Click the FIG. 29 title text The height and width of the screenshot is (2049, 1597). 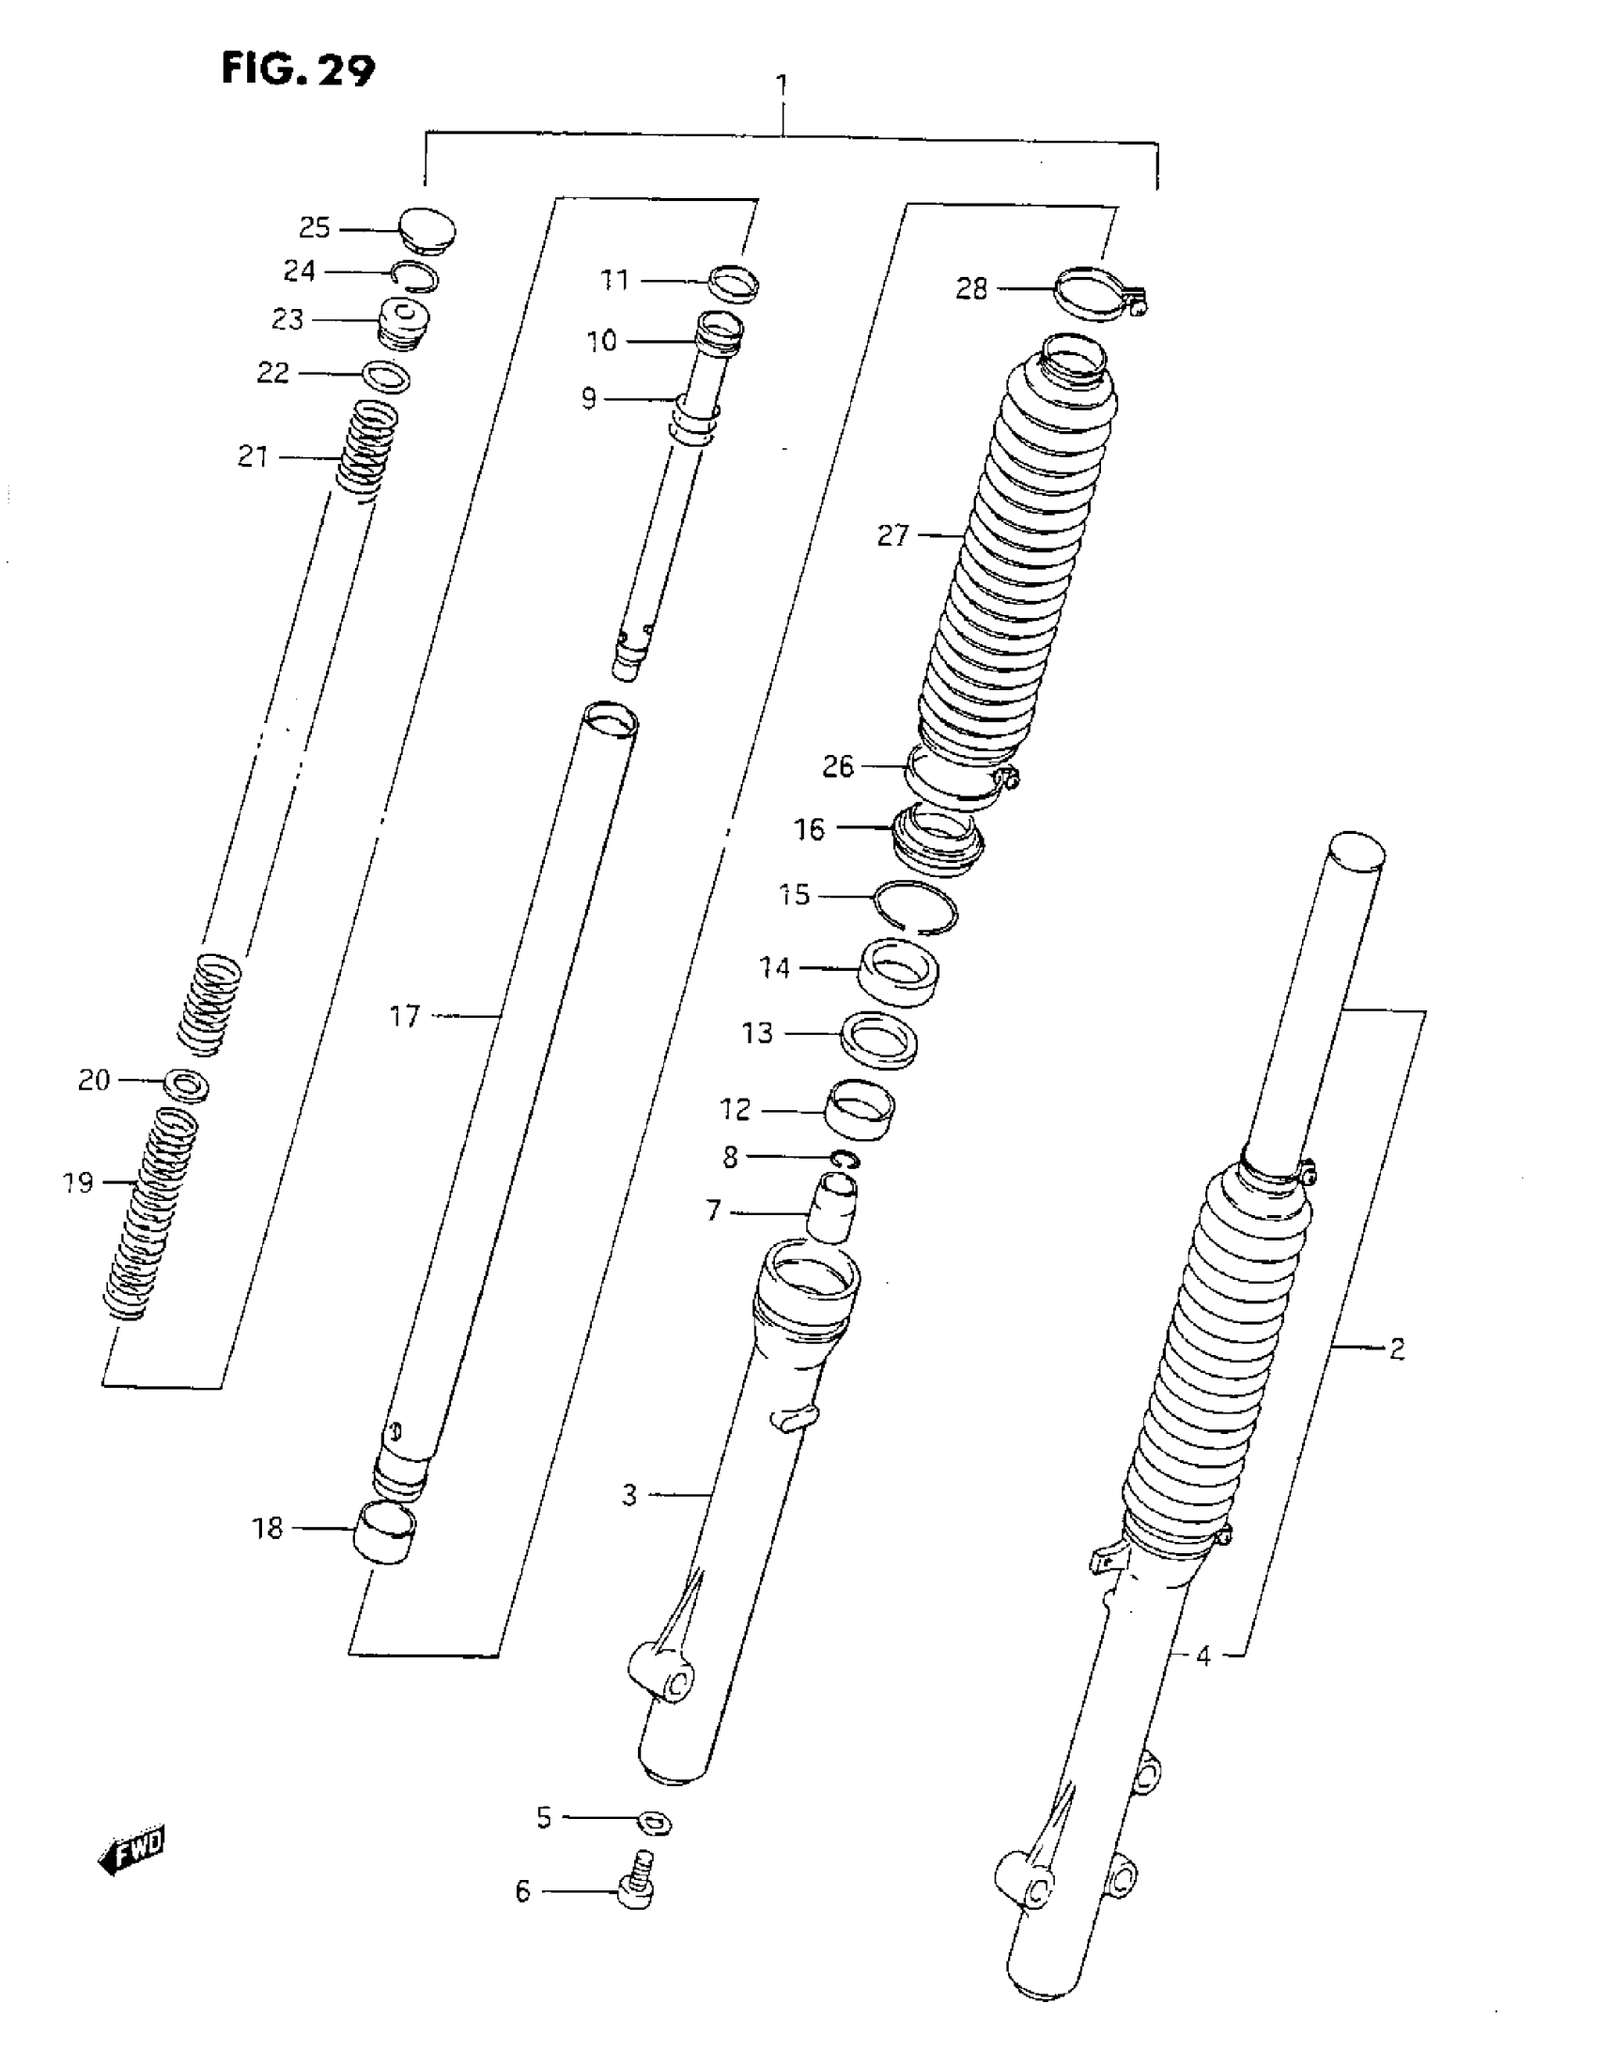click(298, 69)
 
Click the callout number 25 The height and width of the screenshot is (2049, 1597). click(315, 228)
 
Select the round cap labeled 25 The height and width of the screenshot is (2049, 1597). click(426, 230)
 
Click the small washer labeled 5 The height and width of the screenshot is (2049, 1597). click(654, 1824)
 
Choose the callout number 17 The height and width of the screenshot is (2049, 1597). click(405, 1016)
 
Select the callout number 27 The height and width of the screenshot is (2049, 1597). click(893, 535)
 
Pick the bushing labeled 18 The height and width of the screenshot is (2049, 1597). click(384, 1533)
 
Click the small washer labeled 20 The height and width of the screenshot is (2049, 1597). click(186, 1085)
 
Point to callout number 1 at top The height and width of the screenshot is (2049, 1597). click(782, 86)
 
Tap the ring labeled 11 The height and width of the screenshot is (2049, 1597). click(734, 284)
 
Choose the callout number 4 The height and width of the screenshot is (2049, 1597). click(1203, 1656)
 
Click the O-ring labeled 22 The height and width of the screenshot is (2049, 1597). click(386, 377)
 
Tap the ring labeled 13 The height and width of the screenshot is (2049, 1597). click(878, 1040)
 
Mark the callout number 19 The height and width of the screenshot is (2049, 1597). click(79, 1182)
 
